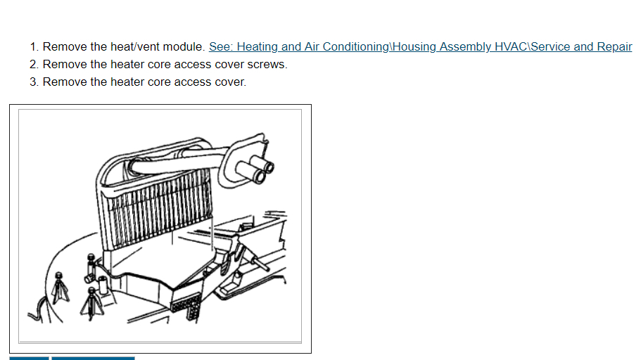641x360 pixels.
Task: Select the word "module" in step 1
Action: coord(182,47)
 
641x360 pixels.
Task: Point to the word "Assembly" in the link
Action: coord(463,47)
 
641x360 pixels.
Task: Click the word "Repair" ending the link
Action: coord(614,47)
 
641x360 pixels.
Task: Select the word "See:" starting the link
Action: coord(220,47)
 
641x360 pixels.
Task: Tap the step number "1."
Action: coord(34,47)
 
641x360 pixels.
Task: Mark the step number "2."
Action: coord(34,65)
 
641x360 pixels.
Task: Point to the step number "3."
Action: coord(34,82)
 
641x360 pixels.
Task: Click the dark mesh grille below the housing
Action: coord(185,305)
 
